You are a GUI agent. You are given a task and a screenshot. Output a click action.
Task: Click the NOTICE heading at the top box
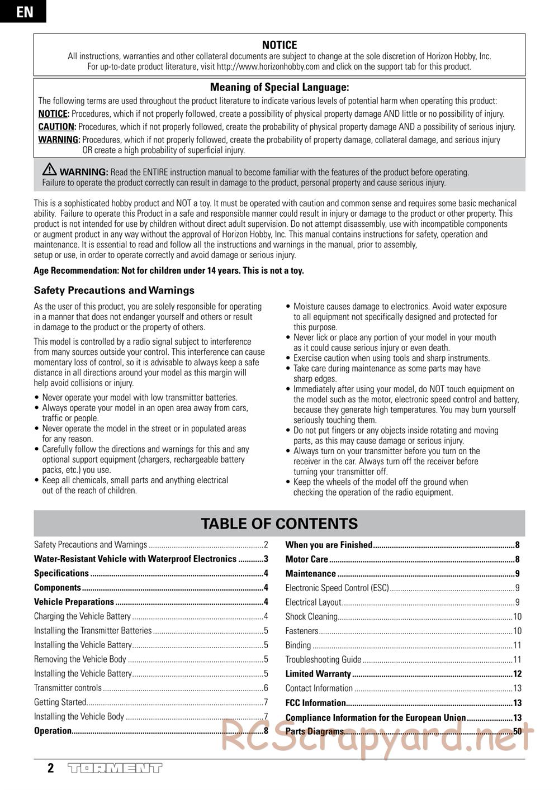click(279, 45)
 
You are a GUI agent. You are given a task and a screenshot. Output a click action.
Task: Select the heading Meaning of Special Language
click(279, 87)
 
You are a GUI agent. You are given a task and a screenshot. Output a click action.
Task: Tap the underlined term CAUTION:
click(56, 127)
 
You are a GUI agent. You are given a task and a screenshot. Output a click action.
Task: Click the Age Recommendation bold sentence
click(169, 271)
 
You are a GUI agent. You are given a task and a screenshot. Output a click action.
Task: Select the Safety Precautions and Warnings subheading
click(114, 291)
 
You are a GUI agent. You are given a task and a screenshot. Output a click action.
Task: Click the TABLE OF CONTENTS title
click(279, 524)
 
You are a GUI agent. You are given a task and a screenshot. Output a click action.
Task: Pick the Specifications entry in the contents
click(61, 573)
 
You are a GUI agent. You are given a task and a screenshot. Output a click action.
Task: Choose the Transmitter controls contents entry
click(68, 688)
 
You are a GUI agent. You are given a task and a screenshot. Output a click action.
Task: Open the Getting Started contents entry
click(60, 702)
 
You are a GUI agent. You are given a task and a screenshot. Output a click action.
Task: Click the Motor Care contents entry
click(307, 559)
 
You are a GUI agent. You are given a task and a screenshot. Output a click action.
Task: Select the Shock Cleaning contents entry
click(311, 617)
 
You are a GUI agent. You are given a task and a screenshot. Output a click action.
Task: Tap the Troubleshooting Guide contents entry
click(324, 660)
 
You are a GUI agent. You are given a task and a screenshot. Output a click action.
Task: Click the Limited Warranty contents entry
click(318, 674)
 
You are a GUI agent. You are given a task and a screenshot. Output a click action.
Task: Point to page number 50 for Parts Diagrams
click(517, 731)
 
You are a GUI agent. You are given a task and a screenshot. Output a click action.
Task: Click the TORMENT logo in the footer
click(115, 768)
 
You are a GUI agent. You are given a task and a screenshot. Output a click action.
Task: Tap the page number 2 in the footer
click(51, 768)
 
